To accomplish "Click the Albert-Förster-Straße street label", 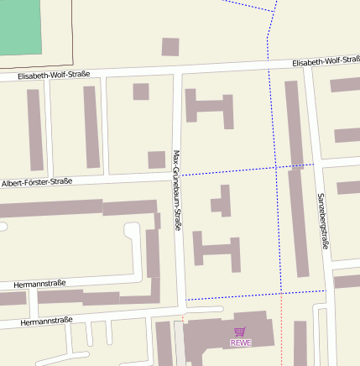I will pyautogui.click(x=37, y=181).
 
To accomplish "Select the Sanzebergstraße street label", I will pyautogui.click(x=323, y=220).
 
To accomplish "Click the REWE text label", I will pyautogui.click(x=241, y=342).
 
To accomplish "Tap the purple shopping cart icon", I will pyautogui.click(x=241, y=332).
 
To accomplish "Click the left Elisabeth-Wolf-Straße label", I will pyautogui.click(x=54, y=76).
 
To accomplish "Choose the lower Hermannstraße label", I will pyautogui.click(x=46, y=321).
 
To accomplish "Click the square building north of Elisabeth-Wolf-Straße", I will pyautogui.click(x=170, y=47).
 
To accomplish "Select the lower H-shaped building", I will pyautogui.click(x=216, y=250).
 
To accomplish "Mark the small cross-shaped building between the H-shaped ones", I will pyautogui.click(x=222, y=201).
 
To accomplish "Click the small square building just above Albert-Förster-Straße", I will pyautogui.click(x=157, y=159).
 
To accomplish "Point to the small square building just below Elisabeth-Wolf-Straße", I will pyautogui.click(x=141, y=91).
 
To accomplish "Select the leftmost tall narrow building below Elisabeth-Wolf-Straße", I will pyautogui.click(x=34, y=129).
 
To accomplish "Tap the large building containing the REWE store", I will pyautogui.click(x=218, y=336).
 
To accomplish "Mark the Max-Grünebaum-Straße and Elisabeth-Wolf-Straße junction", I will pyautogui.click(x=177, y=71).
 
